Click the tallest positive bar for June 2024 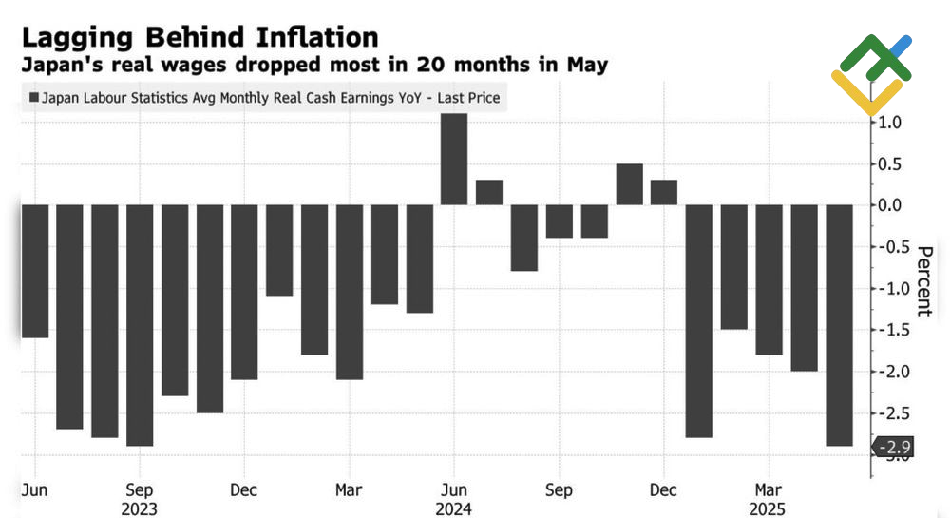coord(454,159)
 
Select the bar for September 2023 coord(140,324)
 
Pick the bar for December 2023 coord(244,292)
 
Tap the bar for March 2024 coord(349,292)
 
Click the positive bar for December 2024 coord(664,192)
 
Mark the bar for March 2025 coord(769,279)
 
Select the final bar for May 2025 coord(839,324)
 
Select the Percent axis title coord(922,280)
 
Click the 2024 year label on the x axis coord(454,508)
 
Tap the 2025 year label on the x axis coord(768,508)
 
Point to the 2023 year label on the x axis coord(140,508)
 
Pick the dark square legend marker coord(35,97)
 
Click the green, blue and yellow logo coord(871,73)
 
